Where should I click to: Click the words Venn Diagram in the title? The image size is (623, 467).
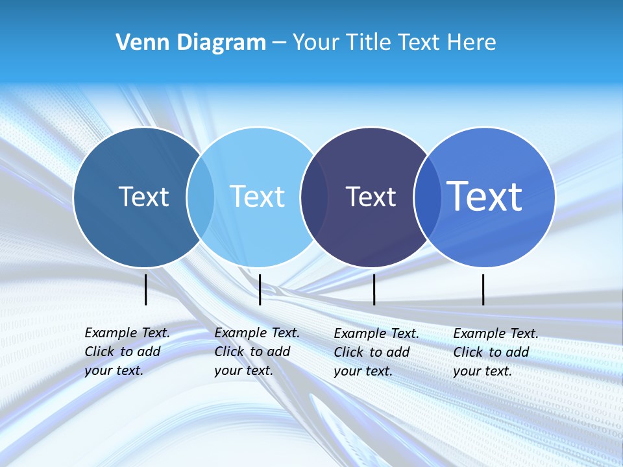pyautogui.click(x=191, y=43)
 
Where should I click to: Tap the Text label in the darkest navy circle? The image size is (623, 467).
pyautogui.click(x=371, y=197)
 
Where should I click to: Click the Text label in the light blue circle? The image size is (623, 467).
pyautogui.click(x=257, y=197)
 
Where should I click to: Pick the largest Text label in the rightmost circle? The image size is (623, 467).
pyautogui.click(x=485, y=197)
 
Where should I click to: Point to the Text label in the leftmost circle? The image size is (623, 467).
pyautogui.click(x=143, y=197)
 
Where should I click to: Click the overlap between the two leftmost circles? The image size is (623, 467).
pyautogui.click(x=201, y=197)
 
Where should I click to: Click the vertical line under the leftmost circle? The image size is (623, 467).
pyautogui.click(x=146, y=289)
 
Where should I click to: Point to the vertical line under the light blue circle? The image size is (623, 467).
pyautogui.click(x=260, y=289)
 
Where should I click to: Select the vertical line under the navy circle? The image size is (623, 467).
pyautogui.click(x=374, y=289)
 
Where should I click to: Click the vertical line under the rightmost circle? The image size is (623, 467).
pyautogui.click(x=483, y=289)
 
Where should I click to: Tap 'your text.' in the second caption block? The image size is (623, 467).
pyautogui.click(x=243, y=370)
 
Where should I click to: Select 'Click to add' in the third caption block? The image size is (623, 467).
pyautogui.click(x=372, y=352)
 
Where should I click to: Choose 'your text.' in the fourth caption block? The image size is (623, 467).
pyautogui.click(x=482, y=371)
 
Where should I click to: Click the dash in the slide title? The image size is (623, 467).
pyautogui.click(x=279, y=43)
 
